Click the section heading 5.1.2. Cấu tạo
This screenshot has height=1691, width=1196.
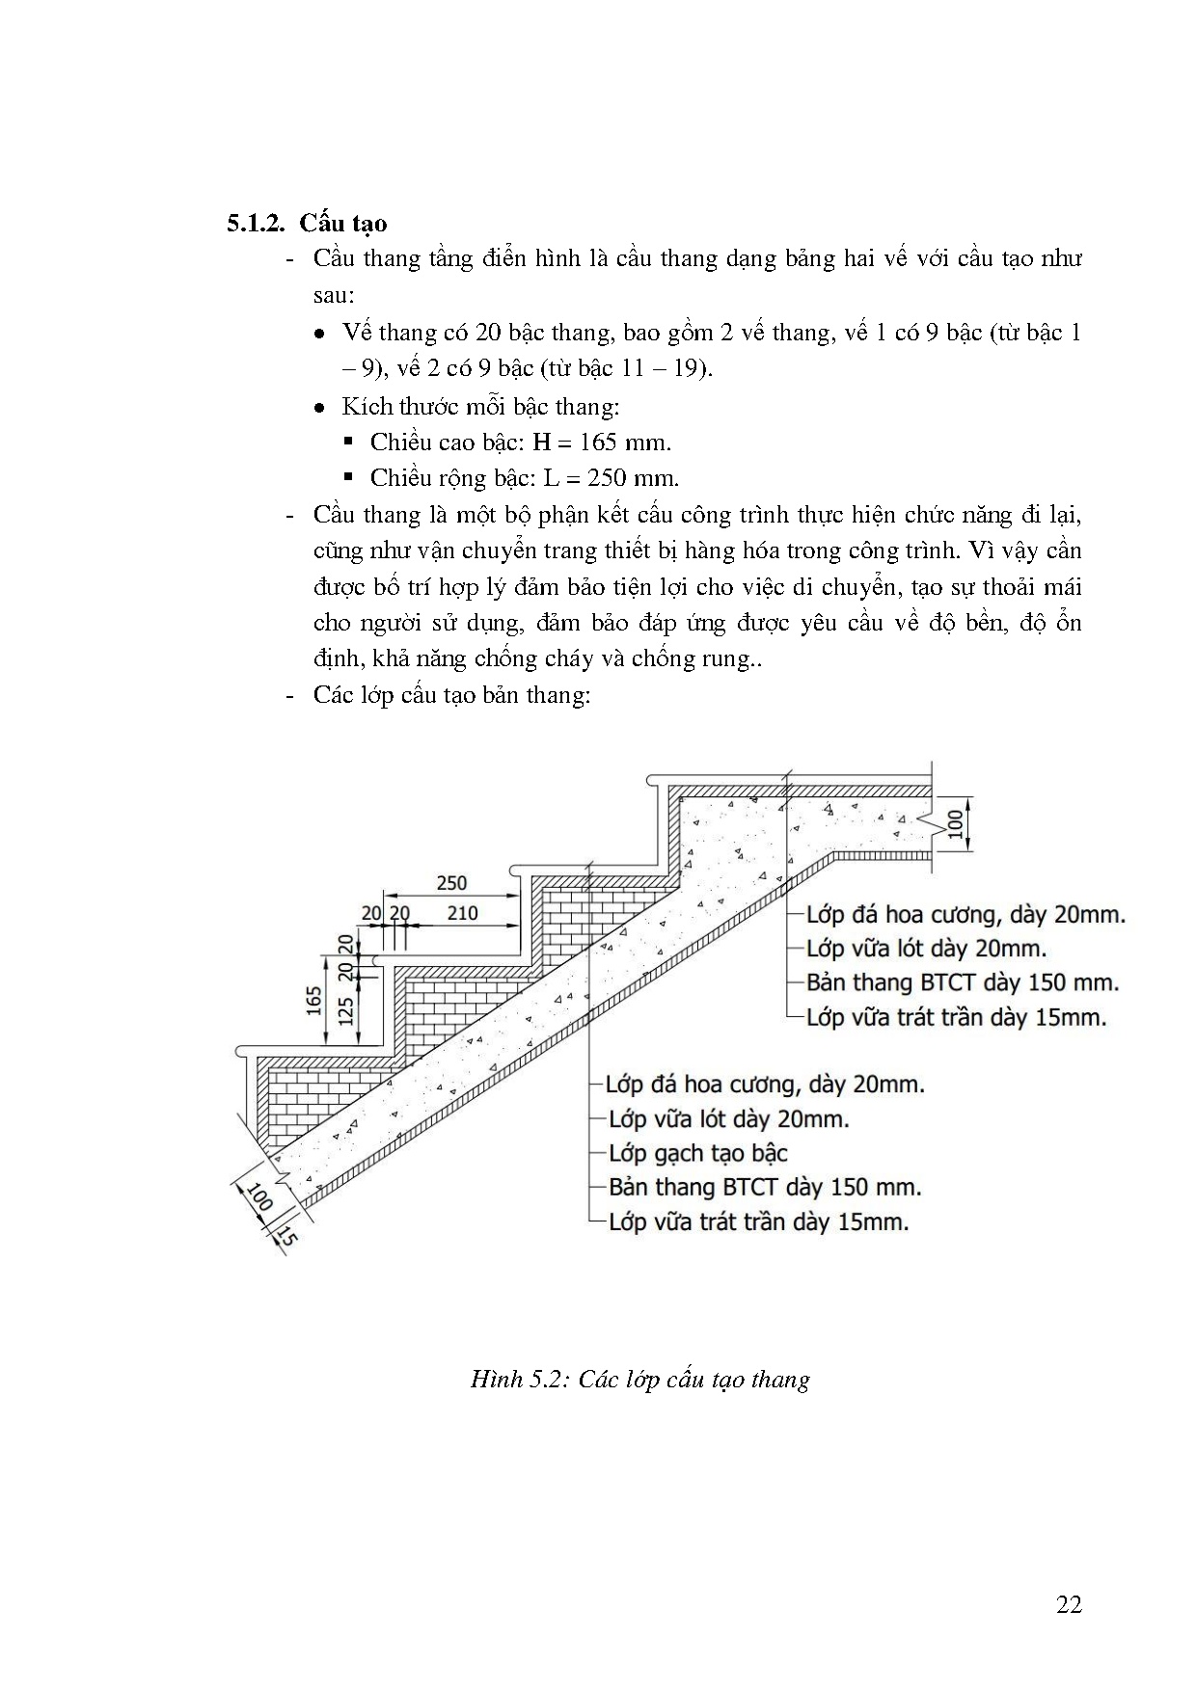point(307,223)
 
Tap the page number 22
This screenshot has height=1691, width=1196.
point(1069,1604)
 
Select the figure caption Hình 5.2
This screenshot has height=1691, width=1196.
point(639,1379)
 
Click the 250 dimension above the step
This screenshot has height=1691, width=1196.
point(450,882)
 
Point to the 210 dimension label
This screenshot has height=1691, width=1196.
point(463,913)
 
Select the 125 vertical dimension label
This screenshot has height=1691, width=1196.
point(345,1009)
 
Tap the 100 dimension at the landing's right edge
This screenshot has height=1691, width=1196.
point(955,824)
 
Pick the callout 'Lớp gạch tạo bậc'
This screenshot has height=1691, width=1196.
point(697,1153)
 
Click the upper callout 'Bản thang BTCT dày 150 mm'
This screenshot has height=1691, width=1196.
point(963,982)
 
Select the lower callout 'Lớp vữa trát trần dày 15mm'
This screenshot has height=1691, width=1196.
point(759,1221)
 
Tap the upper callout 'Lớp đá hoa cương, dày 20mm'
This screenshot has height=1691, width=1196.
point(965,914)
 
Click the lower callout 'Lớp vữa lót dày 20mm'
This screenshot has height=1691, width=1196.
point(728,1118)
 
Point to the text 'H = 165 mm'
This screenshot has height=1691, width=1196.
point(602,443)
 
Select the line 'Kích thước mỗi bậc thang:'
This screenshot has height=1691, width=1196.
point(479,406)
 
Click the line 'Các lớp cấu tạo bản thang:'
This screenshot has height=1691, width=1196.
point(451,694)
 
